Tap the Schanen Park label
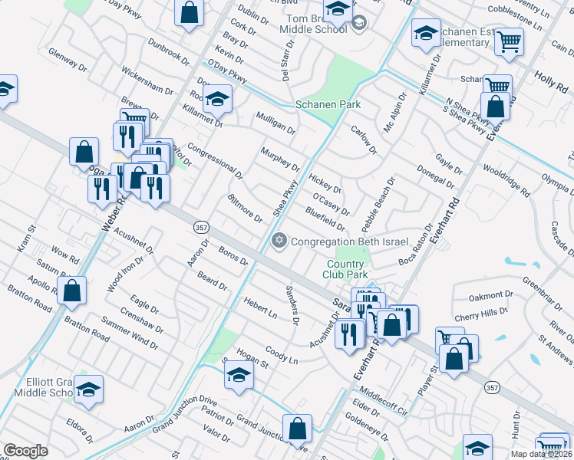(x=328, y=104)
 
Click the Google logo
(x=25, y=452)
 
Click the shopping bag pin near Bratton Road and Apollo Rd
(x=71, y=291)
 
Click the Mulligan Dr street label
(x=275, y=122)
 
